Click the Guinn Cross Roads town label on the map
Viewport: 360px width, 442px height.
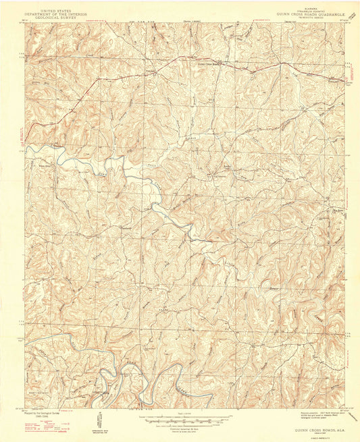point(209,65)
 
